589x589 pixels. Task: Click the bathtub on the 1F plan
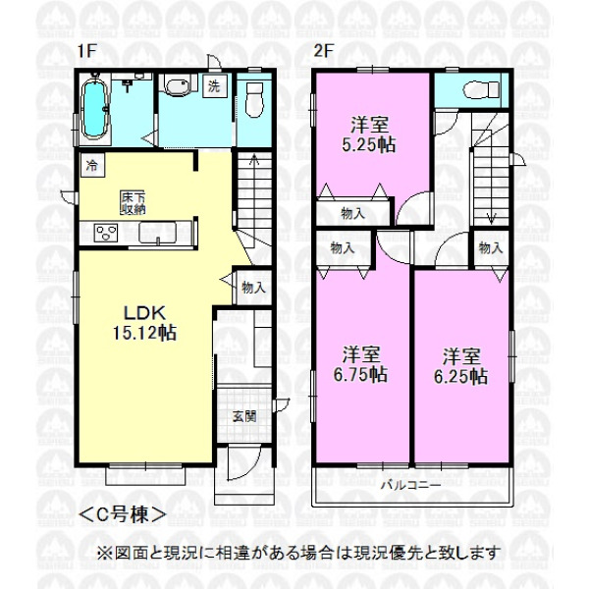(x=95, y=110)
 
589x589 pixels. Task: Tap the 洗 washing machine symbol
(x=214, y=86)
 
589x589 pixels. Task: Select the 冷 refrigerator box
(x=92, y=165)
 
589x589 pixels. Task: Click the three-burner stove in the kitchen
(x=106, y=233)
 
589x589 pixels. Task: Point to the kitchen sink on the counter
(x=157, y=234)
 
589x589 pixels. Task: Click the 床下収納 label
(x=133, y=203)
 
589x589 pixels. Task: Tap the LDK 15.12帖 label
(x=145, y=323)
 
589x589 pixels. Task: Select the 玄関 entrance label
(x=244, y=416)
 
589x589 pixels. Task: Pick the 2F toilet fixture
(x=481, y=90)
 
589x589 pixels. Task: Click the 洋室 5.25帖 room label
(x=369, y=134)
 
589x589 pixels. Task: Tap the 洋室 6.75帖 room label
(x=360, y=364)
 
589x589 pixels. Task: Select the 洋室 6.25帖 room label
(x=461, y=366)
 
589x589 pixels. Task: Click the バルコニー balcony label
(x=411, y=486)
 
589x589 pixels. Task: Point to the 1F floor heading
(x=87, y=51)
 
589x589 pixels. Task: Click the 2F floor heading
(x=324, y=51)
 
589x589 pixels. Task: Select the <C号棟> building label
(x=123, y=514)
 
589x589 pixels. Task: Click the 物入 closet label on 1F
(x=254, y=288)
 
